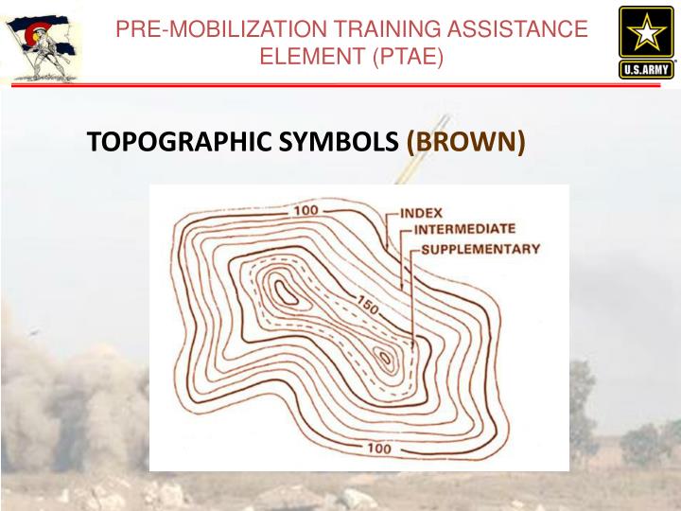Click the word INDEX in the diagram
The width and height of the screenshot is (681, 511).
click(421, 213)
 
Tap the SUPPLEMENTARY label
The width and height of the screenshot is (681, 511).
click(480, 249)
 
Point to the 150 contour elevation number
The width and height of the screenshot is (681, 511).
click(370, 306)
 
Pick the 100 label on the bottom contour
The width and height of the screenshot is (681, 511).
click(377, 448)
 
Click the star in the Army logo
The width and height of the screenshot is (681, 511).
click(647, 33)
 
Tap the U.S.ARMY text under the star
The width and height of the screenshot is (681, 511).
click(647, 69)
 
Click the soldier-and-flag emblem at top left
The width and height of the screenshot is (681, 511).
click(38, 44)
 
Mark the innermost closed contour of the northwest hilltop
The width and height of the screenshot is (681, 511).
click(284, 290)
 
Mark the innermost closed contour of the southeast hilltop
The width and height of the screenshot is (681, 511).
click(385, 358)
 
